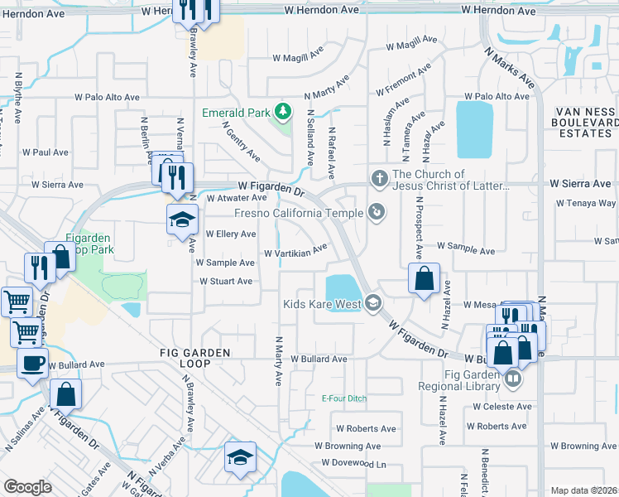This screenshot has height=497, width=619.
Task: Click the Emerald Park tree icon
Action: click(x=283, y=110)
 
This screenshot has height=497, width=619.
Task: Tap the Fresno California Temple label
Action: click(x=299, y=213)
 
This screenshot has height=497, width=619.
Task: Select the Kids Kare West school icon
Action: click(x=373, y=303)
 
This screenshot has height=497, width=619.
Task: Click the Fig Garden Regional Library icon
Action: click(x=513, y=379)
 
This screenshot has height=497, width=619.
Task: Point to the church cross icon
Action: click(x=379, y=177)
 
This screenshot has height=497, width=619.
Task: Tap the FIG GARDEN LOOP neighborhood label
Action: click(x=195, y=353)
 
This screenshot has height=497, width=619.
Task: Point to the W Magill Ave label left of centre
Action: click(x=298, y=58)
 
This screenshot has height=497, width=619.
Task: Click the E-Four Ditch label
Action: click(x=343, y=398)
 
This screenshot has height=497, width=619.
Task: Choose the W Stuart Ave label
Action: click(x=225, y=282)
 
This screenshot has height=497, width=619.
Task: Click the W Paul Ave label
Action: click(x=45, y=152)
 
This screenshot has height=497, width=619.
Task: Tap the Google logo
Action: click(x=26, y=487)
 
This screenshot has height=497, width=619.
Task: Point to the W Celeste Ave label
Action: click(x=502, y=407)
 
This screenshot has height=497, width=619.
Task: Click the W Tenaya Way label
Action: click(x=584, y=203)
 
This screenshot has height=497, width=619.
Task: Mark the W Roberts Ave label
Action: click(x=366, y=428)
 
